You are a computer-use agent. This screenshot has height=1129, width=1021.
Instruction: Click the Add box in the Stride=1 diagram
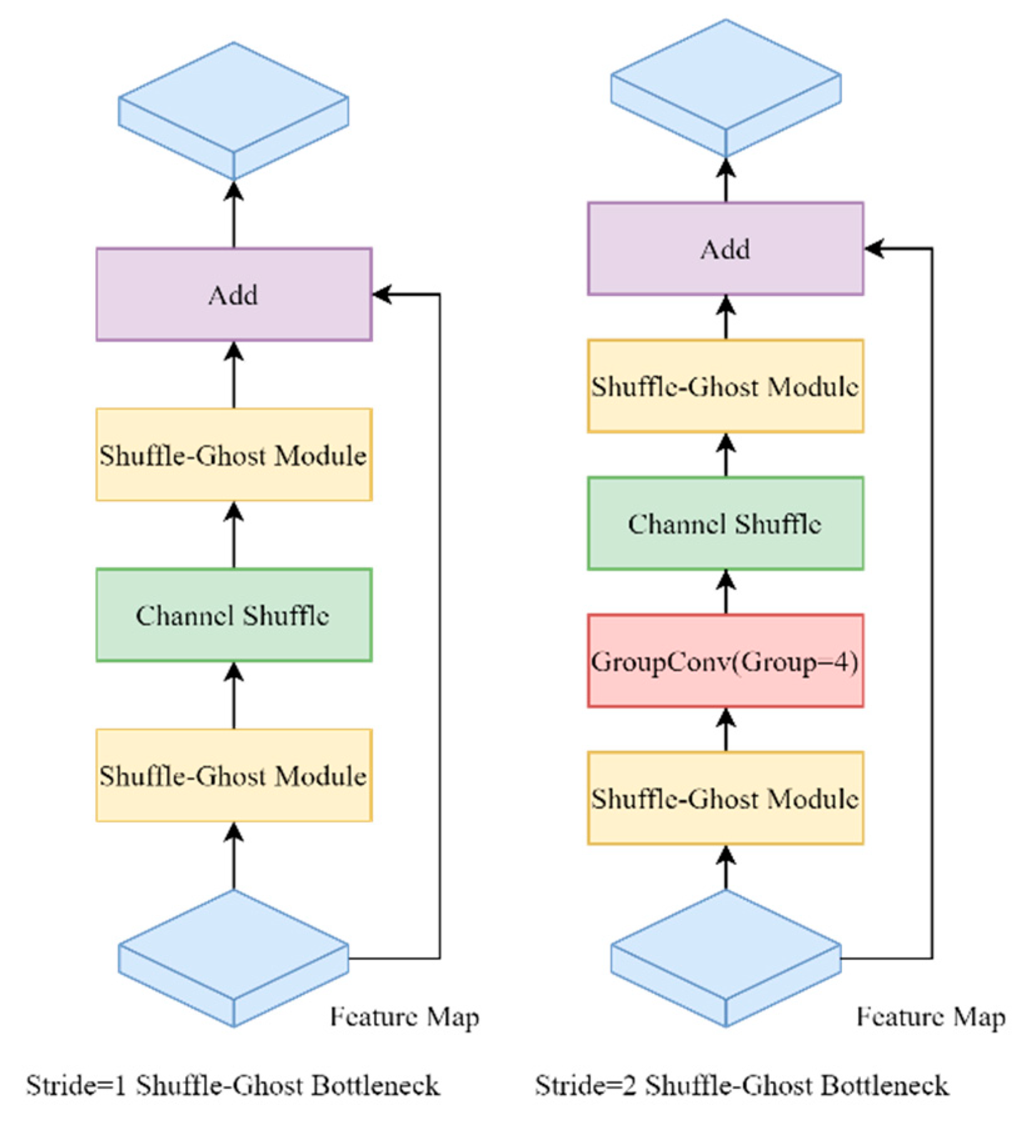[234, 294]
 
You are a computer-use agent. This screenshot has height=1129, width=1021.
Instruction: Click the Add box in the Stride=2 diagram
[725, 249]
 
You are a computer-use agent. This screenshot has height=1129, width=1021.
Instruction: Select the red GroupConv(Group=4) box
[725, 661]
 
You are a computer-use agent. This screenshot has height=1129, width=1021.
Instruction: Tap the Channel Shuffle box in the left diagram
[234, 615]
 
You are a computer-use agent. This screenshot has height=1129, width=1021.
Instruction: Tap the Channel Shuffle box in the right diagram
[725, 523]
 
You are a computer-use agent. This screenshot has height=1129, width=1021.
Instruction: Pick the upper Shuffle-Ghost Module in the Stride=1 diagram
[234, 454]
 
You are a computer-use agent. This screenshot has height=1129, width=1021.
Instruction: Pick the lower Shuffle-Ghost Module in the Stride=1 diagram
[234, 775]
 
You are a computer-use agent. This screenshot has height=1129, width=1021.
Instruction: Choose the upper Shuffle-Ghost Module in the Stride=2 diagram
[725, 386]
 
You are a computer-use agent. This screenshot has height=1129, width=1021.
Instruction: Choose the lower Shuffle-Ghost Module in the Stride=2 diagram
[725, 798]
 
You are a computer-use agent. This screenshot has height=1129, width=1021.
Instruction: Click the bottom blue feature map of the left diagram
[233, 953]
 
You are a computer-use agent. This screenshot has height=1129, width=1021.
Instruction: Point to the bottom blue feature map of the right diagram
[725, 953]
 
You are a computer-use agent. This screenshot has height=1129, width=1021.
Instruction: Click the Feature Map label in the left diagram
[405, 1018]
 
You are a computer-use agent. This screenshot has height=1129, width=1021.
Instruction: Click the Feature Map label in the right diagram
[930, 1018]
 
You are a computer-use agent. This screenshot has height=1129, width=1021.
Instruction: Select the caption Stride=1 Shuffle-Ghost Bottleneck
[233, 1085]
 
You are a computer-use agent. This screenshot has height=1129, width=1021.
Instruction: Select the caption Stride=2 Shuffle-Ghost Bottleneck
[742, 1085]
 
